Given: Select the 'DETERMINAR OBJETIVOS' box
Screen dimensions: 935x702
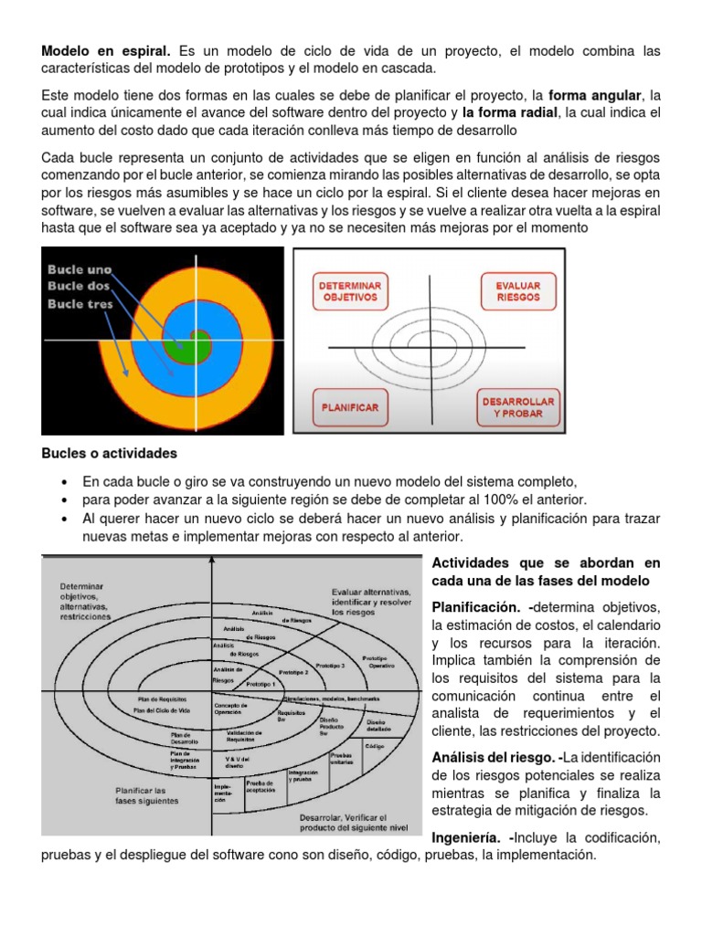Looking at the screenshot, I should [x=350, y=291].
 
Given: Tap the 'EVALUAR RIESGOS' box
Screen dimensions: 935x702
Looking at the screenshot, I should [x=517, y=291].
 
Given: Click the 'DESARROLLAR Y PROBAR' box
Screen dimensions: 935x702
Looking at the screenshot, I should [x=517, y=407].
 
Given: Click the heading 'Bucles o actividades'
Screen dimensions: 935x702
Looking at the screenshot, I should [x=110, y=454].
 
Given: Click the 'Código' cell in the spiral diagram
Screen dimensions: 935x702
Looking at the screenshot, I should [x=374, y=746].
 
